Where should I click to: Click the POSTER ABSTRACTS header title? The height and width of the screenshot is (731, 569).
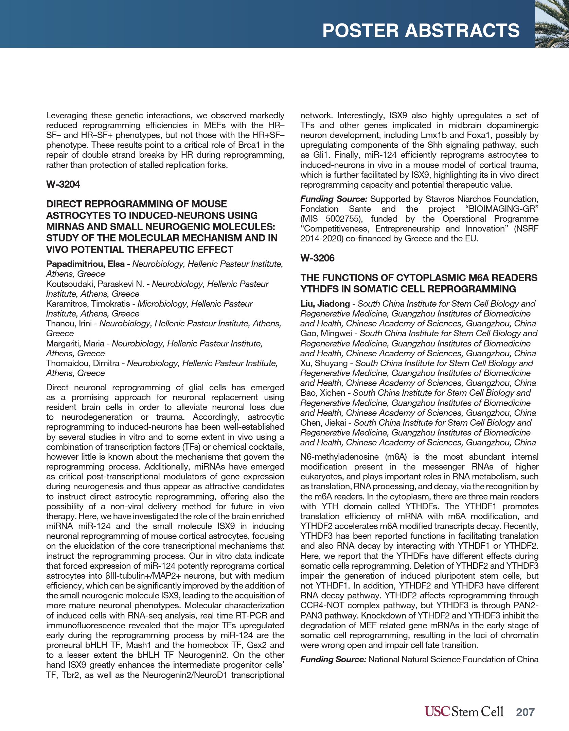(x=421, y=31)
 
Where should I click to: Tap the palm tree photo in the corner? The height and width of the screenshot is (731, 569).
(x=552, y=24)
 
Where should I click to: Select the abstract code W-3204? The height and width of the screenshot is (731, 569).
(x=63, y=184)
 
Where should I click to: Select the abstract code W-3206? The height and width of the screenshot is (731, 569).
(x=317, y=258)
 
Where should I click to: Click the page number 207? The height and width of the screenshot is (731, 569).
(x=525, y=712)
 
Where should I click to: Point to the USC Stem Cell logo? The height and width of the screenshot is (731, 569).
(x=464, y=712)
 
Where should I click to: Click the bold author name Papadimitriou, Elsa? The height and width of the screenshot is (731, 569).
(x=85, y=264)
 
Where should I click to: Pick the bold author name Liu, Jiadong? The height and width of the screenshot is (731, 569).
(x=325, y=304)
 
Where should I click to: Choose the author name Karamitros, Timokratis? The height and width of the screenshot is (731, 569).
(x=88, y=304)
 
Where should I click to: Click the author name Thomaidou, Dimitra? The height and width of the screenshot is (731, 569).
(x=83, y=363)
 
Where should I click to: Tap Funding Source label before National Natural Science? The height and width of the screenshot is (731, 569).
(x=333, y=659)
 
